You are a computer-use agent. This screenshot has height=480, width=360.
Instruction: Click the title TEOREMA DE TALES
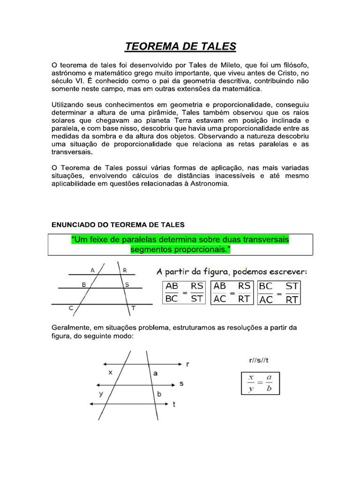(180, 46)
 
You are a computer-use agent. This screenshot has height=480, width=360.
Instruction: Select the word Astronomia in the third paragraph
(205, 184)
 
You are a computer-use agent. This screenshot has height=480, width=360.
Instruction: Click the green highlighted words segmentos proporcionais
(180, 249)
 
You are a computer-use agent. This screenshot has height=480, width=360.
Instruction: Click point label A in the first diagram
(93, 270)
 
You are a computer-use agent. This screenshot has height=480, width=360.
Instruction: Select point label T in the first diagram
(134, 308)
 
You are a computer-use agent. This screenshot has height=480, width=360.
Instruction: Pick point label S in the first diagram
(127, 285)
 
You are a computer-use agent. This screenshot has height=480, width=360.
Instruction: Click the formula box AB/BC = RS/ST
(185, 292)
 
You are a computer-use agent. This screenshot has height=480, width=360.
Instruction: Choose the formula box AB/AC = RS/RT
(232, 292)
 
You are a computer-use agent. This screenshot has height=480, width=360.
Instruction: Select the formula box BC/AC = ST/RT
(279, 292)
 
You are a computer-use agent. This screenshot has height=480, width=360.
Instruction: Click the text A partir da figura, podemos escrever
(231, 272)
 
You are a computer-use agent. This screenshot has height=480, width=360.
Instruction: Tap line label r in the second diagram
(187, 363)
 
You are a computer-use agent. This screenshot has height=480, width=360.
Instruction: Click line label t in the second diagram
(174, 404)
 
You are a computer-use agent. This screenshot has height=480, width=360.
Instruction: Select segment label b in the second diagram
(159, 394)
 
